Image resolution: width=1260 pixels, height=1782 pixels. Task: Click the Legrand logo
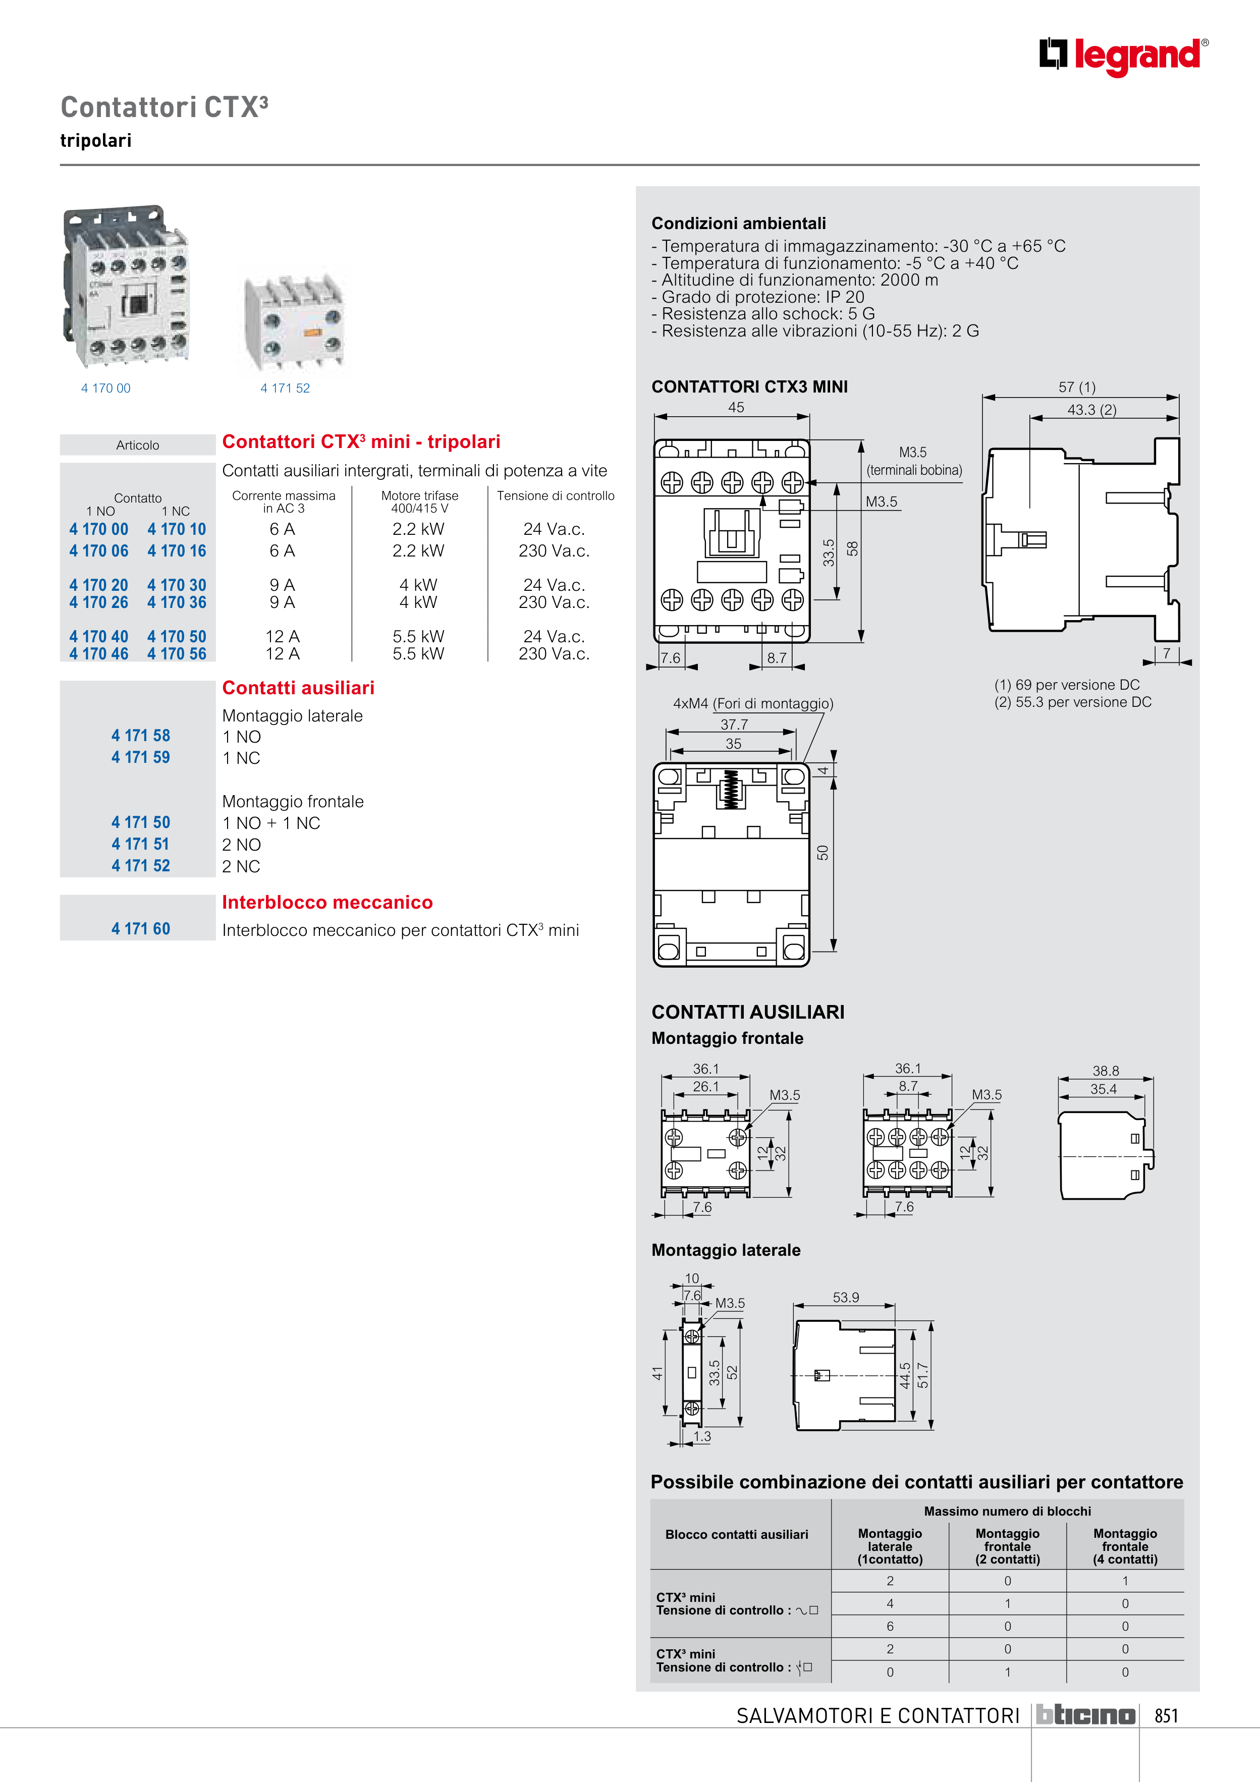pos(1123,56)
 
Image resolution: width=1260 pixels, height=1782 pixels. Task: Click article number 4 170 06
pos(98,551)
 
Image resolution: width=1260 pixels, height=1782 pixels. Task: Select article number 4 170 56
pos(177,654)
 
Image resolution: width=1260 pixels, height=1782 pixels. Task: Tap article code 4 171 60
pos(140,929)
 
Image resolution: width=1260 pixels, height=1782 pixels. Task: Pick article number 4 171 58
pos(140,736)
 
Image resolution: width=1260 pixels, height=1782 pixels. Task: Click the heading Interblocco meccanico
pos(327,903)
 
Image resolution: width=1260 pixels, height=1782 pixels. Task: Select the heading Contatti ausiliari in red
pos(298,688)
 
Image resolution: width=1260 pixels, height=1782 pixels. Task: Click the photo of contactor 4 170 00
pos(126,287)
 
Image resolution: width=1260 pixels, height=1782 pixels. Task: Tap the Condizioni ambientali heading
pos(738,224)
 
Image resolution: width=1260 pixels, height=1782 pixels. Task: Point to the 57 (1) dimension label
pos(1077,387)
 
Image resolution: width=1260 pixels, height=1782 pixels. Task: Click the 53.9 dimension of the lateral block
pos(845,1298)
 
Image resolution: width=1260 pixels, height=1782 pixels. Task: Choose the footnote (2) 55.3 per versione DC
pos(1072,702)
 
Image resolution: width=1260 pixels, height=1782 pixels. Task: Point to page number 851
pos(1166,1716)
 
